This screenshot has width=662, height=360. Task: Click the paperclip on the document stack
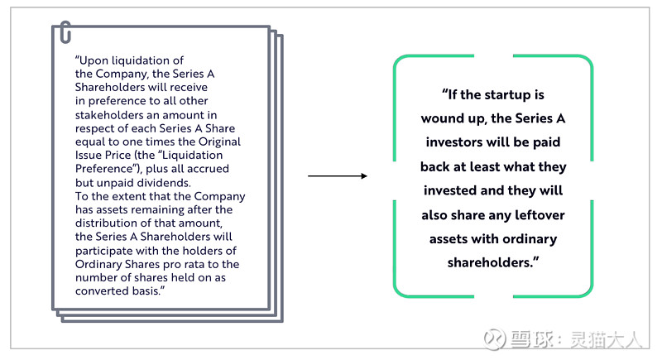65,32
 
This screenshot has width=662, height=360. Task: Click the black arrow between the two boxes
338,175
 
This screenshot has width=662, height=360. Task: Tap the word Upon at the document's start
91,60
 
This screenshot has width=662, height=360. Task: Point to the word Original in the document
219,142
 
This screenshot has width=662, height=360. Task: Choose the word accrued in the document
208,169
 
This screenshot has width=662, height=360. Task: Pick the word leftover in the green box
540,215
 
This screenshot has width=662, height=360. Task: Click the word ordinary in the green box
530,239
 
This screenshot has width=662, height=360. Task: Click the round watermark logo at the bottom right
494,339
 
